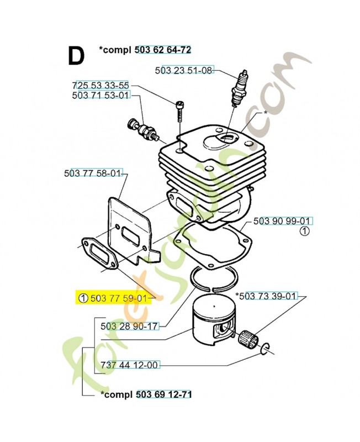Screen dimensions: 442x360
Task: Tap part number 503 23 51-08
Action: pyautogui.click(x=183, y=71)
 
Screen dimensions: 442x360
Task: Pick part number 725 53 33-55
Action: pyautogui.click(x=100, y=86)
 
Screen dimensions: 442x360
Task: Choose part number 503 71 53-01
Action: pyautogui.click(x=100, y=96)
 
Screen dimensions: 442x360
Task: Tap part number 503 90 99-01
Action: pyautogui.click(x=283, y=221)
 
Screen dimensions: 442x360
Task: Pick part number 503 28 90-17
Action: pyautogui.click(x=130, y=326)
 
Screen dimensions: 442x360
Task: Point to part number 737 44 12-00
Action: pyautogui.click(x=130, y=365)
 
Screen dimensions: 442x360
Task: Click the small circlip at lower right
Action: pyautogui.click(x=264, y=348)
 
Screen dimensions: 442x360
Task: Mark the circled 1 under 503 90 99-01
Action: pyautogui.click(x=305, y=232)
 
